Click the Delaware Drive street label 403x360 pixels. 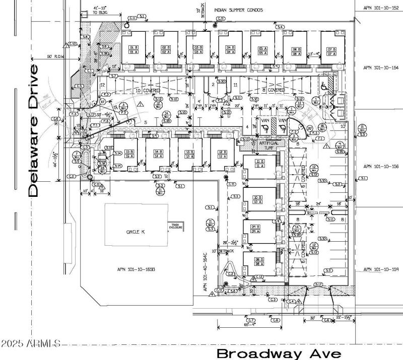(33, 130)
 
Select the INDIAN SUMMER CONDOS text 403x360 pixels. (239, 9)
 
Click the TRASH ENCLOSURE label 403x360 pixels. (175, 227)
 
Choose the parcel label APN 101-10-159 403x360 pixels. (381, 269)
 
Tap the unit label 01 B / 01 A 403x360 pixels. (133, 50)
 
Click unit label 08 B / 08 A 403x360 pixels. (259, 262)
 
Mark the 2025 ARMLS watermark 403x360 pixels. (30, 344)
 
